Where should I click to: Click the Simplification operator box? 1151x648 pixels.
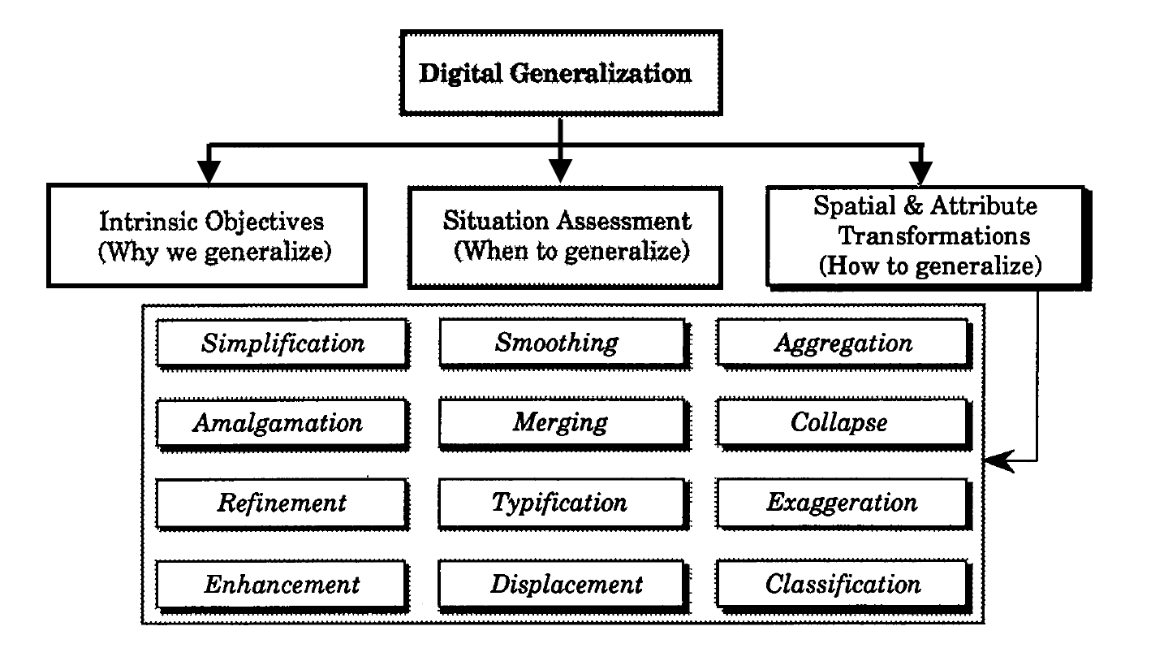(x=282, y=343)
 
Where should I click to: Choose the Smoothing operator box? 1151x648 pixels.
(x=557, y=343)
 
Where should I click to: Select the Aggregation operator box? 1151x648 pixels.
(x=843, y=343)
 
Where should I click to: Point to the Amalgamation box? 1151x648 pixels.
(x=278, y=423)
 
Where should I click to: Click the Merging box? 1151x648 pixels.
(x=559, y=423)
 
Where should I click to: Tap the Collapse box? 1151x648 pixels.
(x=838, y=423)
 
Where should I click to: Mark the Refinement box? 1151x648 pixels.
(x=281, y=503)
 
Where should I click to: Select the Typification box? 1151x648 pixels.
(x=559, y=503)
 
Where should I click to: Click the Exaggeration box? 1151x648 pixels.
(x=842, y=503)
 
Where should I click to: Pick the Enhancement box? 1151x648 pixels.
(x=281, y=584)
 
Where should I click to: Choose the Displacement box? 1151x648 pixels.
(x=566, y=584)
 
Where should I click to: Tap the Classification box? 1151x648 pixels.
(x=843, y=584)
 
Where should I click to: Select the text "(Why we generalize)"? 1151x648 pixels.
(x=214, y=252)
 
